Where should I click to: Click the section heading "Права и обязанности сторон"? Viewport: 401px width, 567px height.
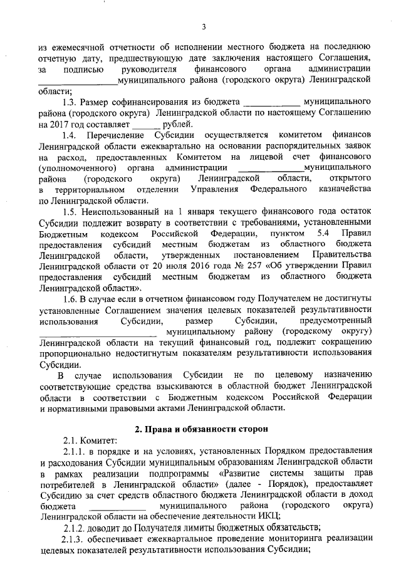204,429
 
